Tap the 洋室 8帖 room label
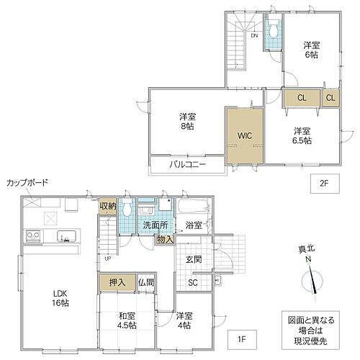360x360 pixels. pyautogui.click(x=188, y=121)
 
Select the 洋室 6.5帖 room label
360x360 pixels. pyautogui.click(x=302, y=135)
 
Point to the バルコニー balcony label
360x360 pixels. pyautogui.click(x=188, y=165)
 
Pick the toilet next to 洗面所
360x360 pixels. pyautogui.click(x=127, y=210)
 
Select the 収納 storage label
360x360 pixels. pyautogui.click(x=107, y=208)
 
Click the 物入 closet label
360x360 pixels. pyautogui.click(x=165, y=240)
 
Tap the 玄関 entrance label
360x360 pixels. pyautogui.click(x=194, y=260)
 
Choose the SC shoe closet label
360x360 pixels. pyautogui.click(x=193, y=283)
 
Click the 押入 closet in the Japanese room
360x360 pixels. pyautogui.click(x=117, y=283)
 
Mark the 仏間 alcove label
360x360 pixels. pyautogui.click(x=145, y=283)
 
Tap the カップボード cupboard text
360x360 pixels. pyautogui.click(x=27, y=183)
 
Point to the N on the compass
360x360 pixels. pyautogui.click(x=307, y=259)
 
